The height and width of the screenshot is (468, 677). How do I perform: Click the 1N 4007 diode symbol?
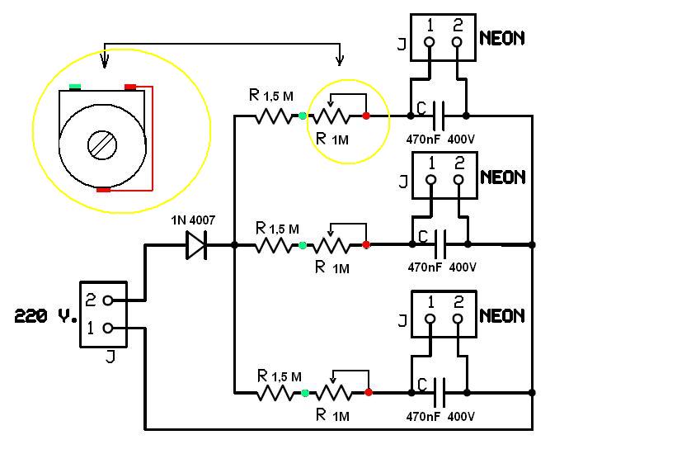click(x=196, y=245)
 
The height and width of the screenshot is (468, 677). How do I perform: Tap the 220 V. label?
click(x=46, y=315)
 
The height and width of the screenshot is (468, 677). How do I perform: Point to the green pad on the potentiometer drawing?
click(x=75, y=86)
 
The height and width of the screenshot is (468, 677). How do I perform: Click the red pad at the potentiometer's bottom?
click(x=103, y=189)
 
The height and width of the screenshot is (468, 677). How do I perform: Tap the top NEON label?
click(x=502, y=38)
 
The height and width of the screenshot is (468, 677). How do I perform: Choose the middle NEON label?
click(x=502, y=177)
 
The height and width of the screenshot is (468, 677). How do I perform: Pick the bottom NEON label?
click(x=502, y=315)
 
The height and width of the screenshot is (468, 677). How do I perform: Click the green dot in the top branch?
click(x=303, y=116)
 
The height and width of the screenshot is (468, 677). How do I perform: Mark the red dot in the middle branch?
click(x=366, y=244)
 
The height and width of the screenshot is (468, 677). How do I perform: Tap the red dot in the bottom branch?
click(x=368, y=392)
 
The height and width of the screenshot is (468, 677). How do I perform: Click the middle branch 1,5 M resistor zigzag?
click(x=276, y=245)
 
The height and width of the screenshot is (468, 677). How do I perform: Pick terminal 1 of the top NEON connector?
click(x=430, y=41)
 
